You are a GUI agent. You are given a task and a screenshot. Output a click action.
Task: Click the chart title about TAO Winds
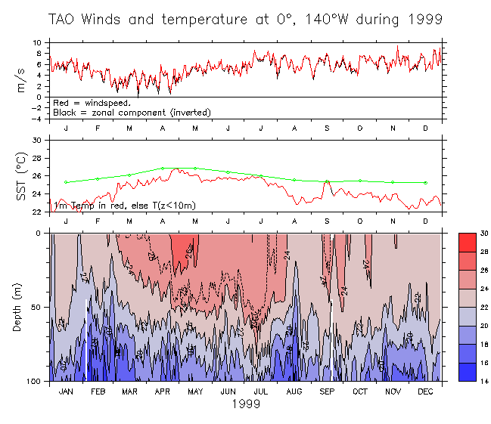click(246, 20)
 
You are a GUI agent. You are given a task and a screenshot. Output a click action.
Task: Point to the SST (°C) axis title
click(22, 176)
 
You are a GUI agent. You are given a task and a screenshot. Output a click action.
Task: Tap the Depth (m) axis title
click(22, 308)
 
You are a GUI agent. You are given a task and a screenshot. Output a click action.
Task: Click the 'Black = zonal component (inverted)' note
click(132, 113)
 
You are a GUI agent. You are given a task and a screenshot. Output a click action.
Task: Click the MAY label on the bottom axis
click(195, 392)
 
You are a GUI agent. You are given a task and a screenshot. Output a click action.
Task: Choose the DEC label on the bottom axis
click(425, 392)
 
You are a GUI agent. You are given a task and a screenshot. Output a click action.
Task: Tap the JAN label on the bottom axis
click(66, 392)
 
